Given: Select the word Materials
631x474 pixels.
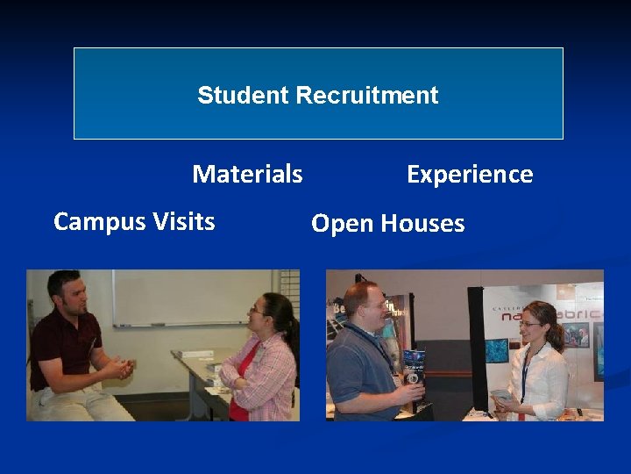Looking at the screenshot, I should pos(247,174).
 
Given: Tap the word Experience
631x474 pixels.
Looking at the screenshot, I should pos(470,174).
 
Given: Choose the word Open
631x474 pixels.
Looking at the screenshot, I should pos(342,224).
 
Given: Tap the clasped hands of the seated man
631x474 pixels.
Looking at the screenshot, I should pos(119,366).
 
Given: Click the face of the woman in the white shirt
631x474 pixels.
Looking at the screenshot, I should pos(532,327).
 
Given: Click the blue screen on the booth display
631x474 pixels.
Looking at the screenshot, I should pos(497,350).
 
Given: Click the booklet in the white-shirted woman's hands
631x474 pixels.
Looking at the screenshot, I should pos(500,396).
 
